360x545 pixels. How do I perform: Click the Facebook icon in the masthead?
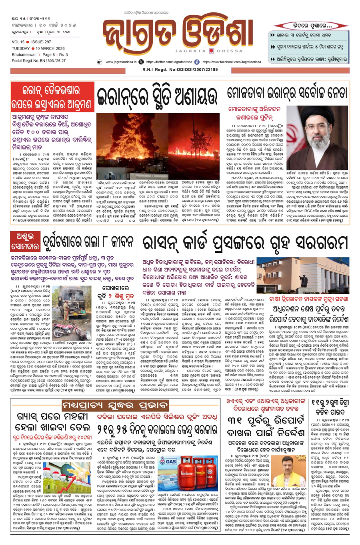click(x=197, y=62)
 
